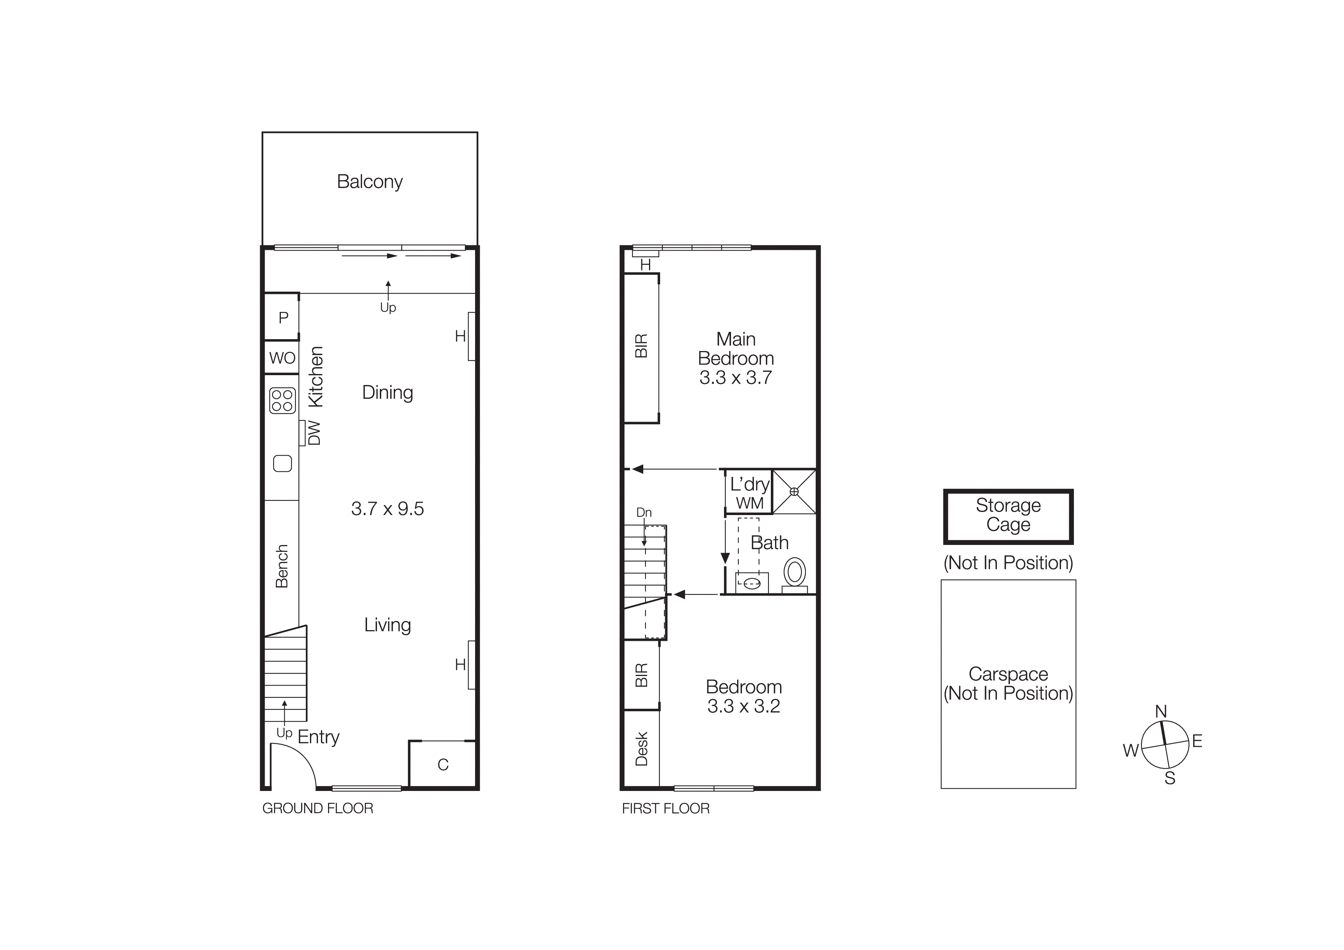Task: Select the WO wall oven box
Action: pos(282,358)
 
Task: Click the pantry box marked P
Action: pos(283,318)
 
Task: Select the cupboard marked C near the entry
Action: pos(443,765)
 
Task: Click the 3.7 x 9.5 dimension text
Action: pos(387,509)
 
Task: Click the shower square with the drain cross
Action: pos(794,492)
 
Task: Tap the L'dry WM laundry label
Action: pos(749,493)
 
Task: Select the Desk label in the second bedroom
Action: pos(642,749)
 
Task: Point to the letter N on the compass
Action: pos(1161,712)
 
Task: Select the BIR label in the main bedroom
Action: pos(642,346)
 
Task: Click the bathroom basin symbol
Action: pos(752,583)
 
